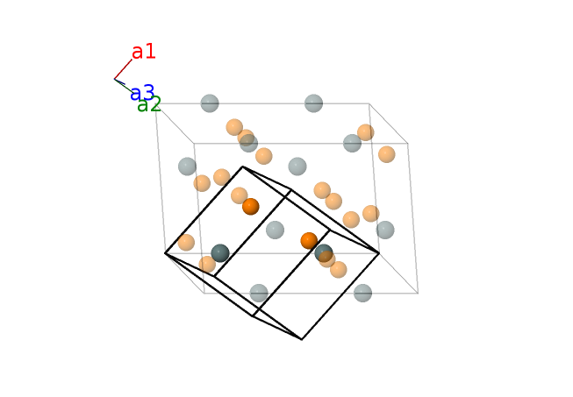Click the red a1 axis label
pos(144,52)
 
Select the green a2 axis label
pos(149,105)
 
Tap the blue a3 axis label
pos(142,93)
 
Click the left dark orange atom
pos(251,207)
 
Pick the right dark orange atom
pos(309,240)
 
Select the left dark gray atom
pos(220,252)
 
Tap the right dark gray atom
pos(323,253)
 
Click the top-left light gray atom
pos(210,103)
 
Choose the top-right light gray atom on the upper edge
pos(313,103)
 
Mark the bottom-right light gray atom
pos(362,293)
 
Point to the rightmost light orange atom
pos(387,154)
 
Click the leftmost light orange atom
pos(186,242)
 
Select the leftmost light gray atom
pos(187,166)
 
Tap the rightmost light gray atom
pos(385,230)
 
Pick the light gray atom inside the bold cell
pos(276,230)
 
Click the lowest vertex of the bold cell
pos(302,339)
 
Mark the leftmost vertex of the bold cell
pos(165,253)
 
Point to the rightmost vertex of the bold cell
pos(379,253)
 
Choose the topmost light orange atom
pos(234,127)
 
